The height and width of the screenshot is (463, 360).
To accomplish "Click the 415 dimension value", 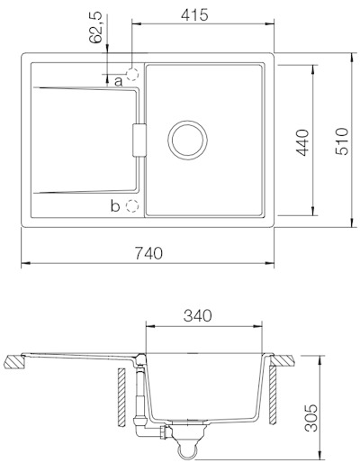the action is coord(194,14).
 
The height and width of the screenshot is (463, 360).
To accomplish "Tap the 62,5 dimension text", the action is coord(96,28).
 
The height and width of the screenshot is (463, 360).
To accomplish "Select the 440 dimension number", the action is coord(302,142).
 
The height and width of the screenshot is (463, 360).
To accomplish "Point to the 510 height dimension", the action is coord(342,141).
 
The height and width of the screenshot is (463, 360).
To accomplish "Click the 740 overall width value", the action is coord(148,253).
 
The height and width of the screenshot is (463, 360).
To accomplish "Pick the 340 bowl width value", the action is coord(198,315).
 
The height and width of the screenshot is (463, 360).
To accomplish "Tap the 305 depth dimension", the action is coord(310,418).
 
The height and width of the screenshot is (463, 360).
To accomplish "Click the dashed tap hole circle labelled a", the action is coord(132,75).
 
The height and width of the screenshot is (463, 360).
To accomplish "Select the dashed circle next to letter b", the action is coord(132,206).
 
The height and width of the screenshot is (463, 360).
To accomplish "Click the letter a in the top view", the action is coord(119,81).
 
